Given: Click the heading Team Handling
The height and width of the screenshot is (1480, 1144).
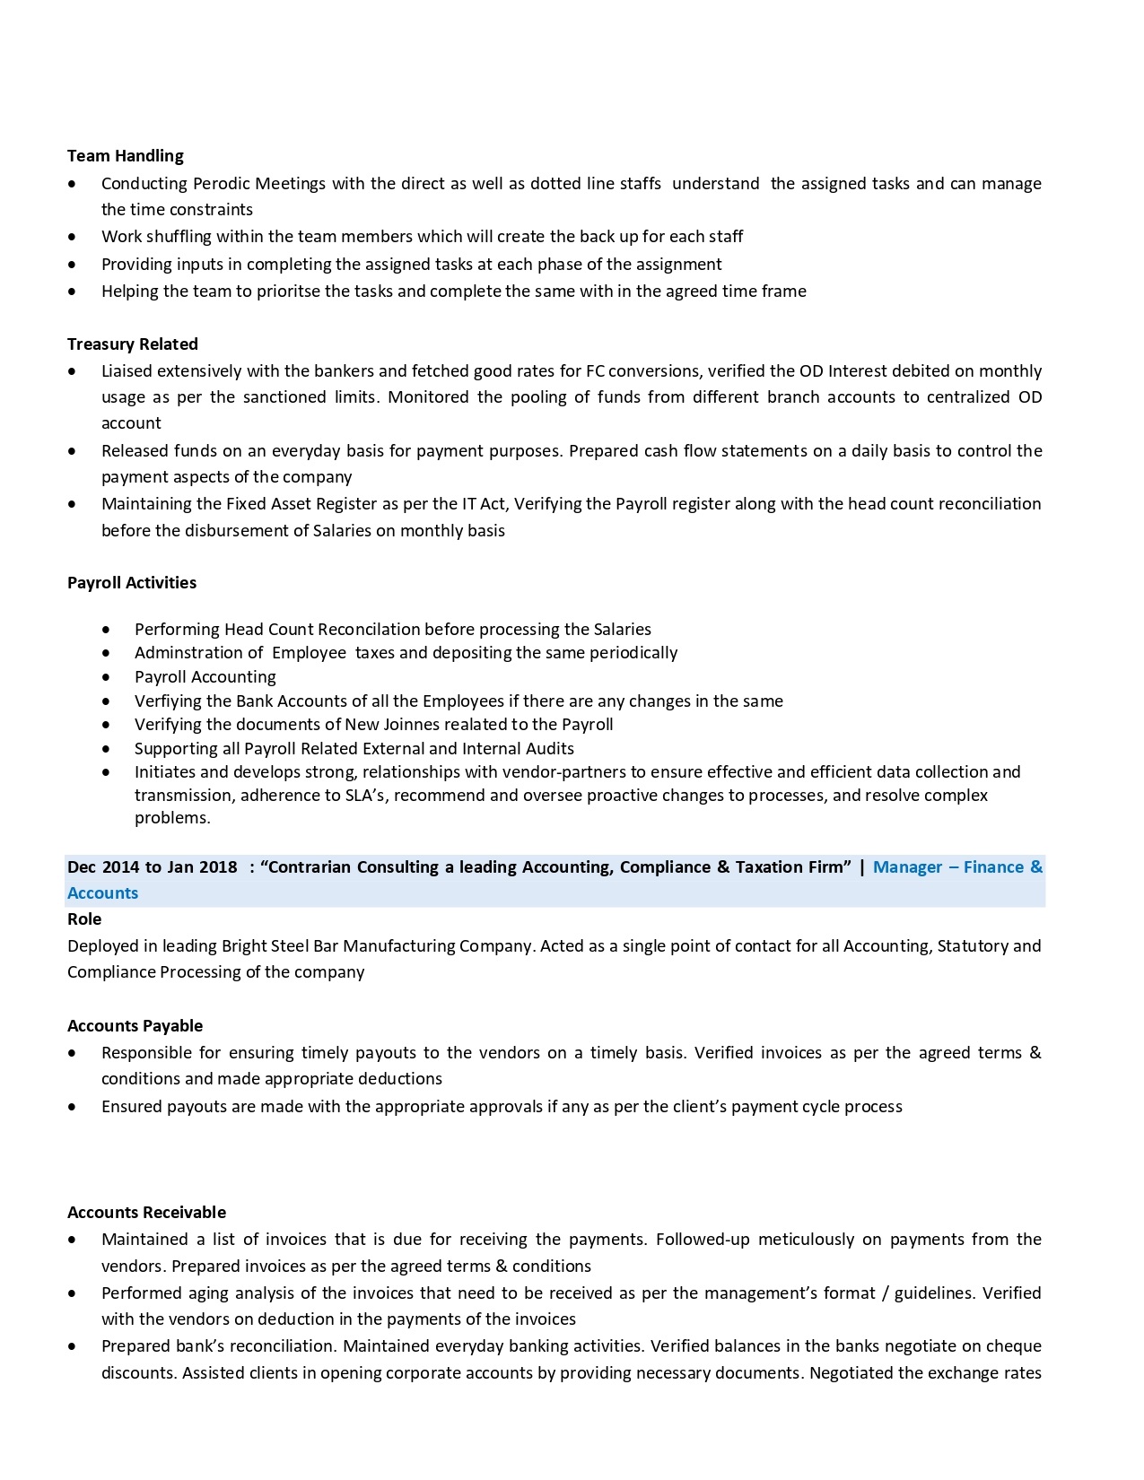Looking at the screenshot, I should click(x=126, y=156).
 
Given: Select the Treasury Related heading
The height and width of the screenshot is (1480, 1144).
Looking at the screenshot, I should click(x=133, y=344).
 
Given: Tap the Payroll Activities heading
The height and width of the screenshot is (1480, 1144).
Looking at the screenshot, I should click(x=132, y=583).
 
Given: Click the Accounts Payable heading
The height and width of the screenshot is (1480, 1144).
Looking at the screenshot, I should click(x=135, y=1026).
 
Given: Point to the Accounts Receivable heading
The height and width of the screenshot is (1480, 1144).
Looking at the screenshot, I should click(x=146, y=1213).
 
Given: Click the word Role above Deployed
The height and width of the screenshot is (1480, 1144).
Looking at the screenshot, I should click(x=84, y=919).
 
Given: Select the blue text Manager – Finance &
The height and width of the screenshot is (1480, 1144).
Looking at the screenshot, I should click(x=957, y=867).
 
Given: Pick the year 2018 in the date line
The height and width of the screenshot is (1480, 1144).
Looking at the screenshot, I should click(x=218, y=867).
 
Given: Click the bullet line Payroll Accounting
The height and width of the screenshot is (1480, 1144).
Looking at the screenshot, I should click(x=205, y=677).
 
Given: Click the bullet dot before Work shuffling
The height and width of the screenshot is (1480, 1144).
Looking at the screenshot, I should click(x=72, y=237).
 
